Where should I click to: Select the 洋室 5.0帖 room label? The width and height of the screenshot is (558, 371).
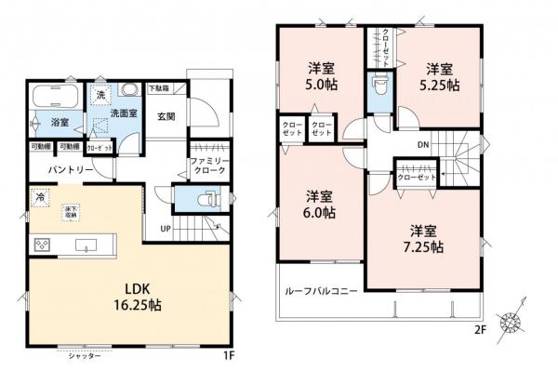[321, 74]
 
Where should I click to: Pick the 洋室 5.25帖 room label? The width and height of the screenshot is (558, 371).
[440, 75]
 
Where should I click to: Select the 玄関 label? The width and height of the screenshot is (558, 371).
[167, 117]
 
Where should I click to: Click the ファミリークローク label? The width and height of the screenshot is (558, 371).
[208, 166]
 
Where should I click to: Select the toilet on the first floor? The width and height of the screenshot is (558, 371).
[206, 199]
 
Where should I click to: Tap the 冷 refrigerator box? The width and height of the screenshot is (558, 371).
[40, 197]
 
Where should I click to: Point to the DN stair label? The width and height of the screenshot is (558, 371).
[422, 144]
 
